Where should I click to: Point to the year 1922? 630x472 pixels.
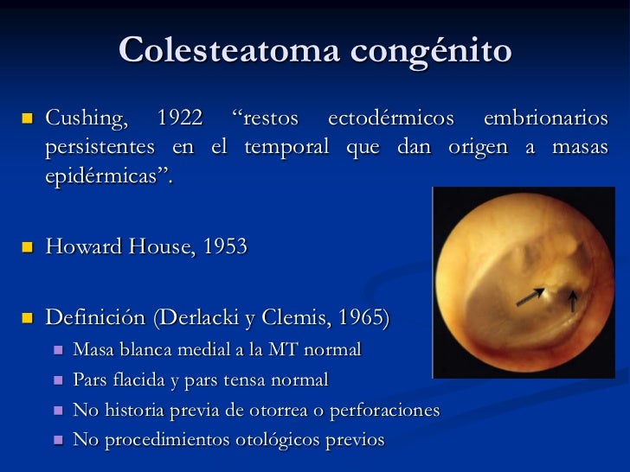(180, 117)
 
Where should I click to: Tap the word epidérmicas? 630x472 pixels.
(106, 175)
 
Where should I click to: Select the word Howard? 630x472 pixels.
(79, 247)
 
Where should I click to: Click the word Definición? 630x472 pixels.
(96, 318)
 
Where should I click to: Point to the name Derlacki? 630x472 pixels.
(193, 318)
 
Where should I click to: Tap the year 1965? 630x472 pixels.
(363, 318)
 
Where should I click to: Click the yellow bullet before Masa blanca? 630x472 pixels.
(58, 350)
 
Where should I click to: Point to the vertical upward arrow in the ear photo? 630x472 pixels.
(572, 301)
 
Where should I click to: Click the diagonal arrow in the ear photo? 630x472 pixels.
(530, 297)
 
